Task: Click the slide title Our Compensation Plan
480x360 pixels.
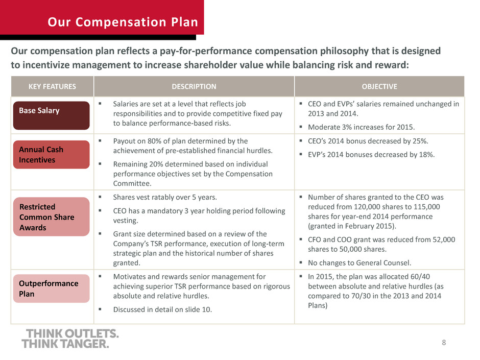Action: [x=123, y=22]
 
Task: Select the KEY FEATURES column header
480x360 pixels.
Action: [x=53, y=87]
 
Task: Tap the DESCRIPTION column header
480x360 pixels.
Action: [x=194, y=87]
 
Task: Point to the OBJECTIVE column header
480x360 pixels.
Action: [x=379, y=87]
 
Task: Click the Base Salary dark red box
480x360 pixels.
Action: [x=52, y=115]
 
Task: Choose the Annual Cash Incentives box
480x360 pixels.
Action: [x=52, y=155]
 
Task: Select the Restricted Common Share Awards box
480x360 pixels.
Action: [x=52, y=217]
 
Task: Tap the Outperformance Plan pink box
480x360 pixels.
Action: [x=52, y=289]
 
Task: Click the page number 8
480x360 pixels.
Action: [x=444, y=343]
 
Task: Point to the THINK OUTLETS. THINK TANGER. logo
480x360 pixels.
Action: [x=70, y=339]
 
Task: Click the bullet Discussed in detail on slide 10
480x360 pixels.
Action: [x=162, y=309]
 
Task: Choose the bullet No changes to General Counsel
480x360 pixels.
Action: [x=359, y=263]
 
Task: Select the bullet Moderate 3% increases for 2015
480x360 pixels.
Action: [x=361, y=127]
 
